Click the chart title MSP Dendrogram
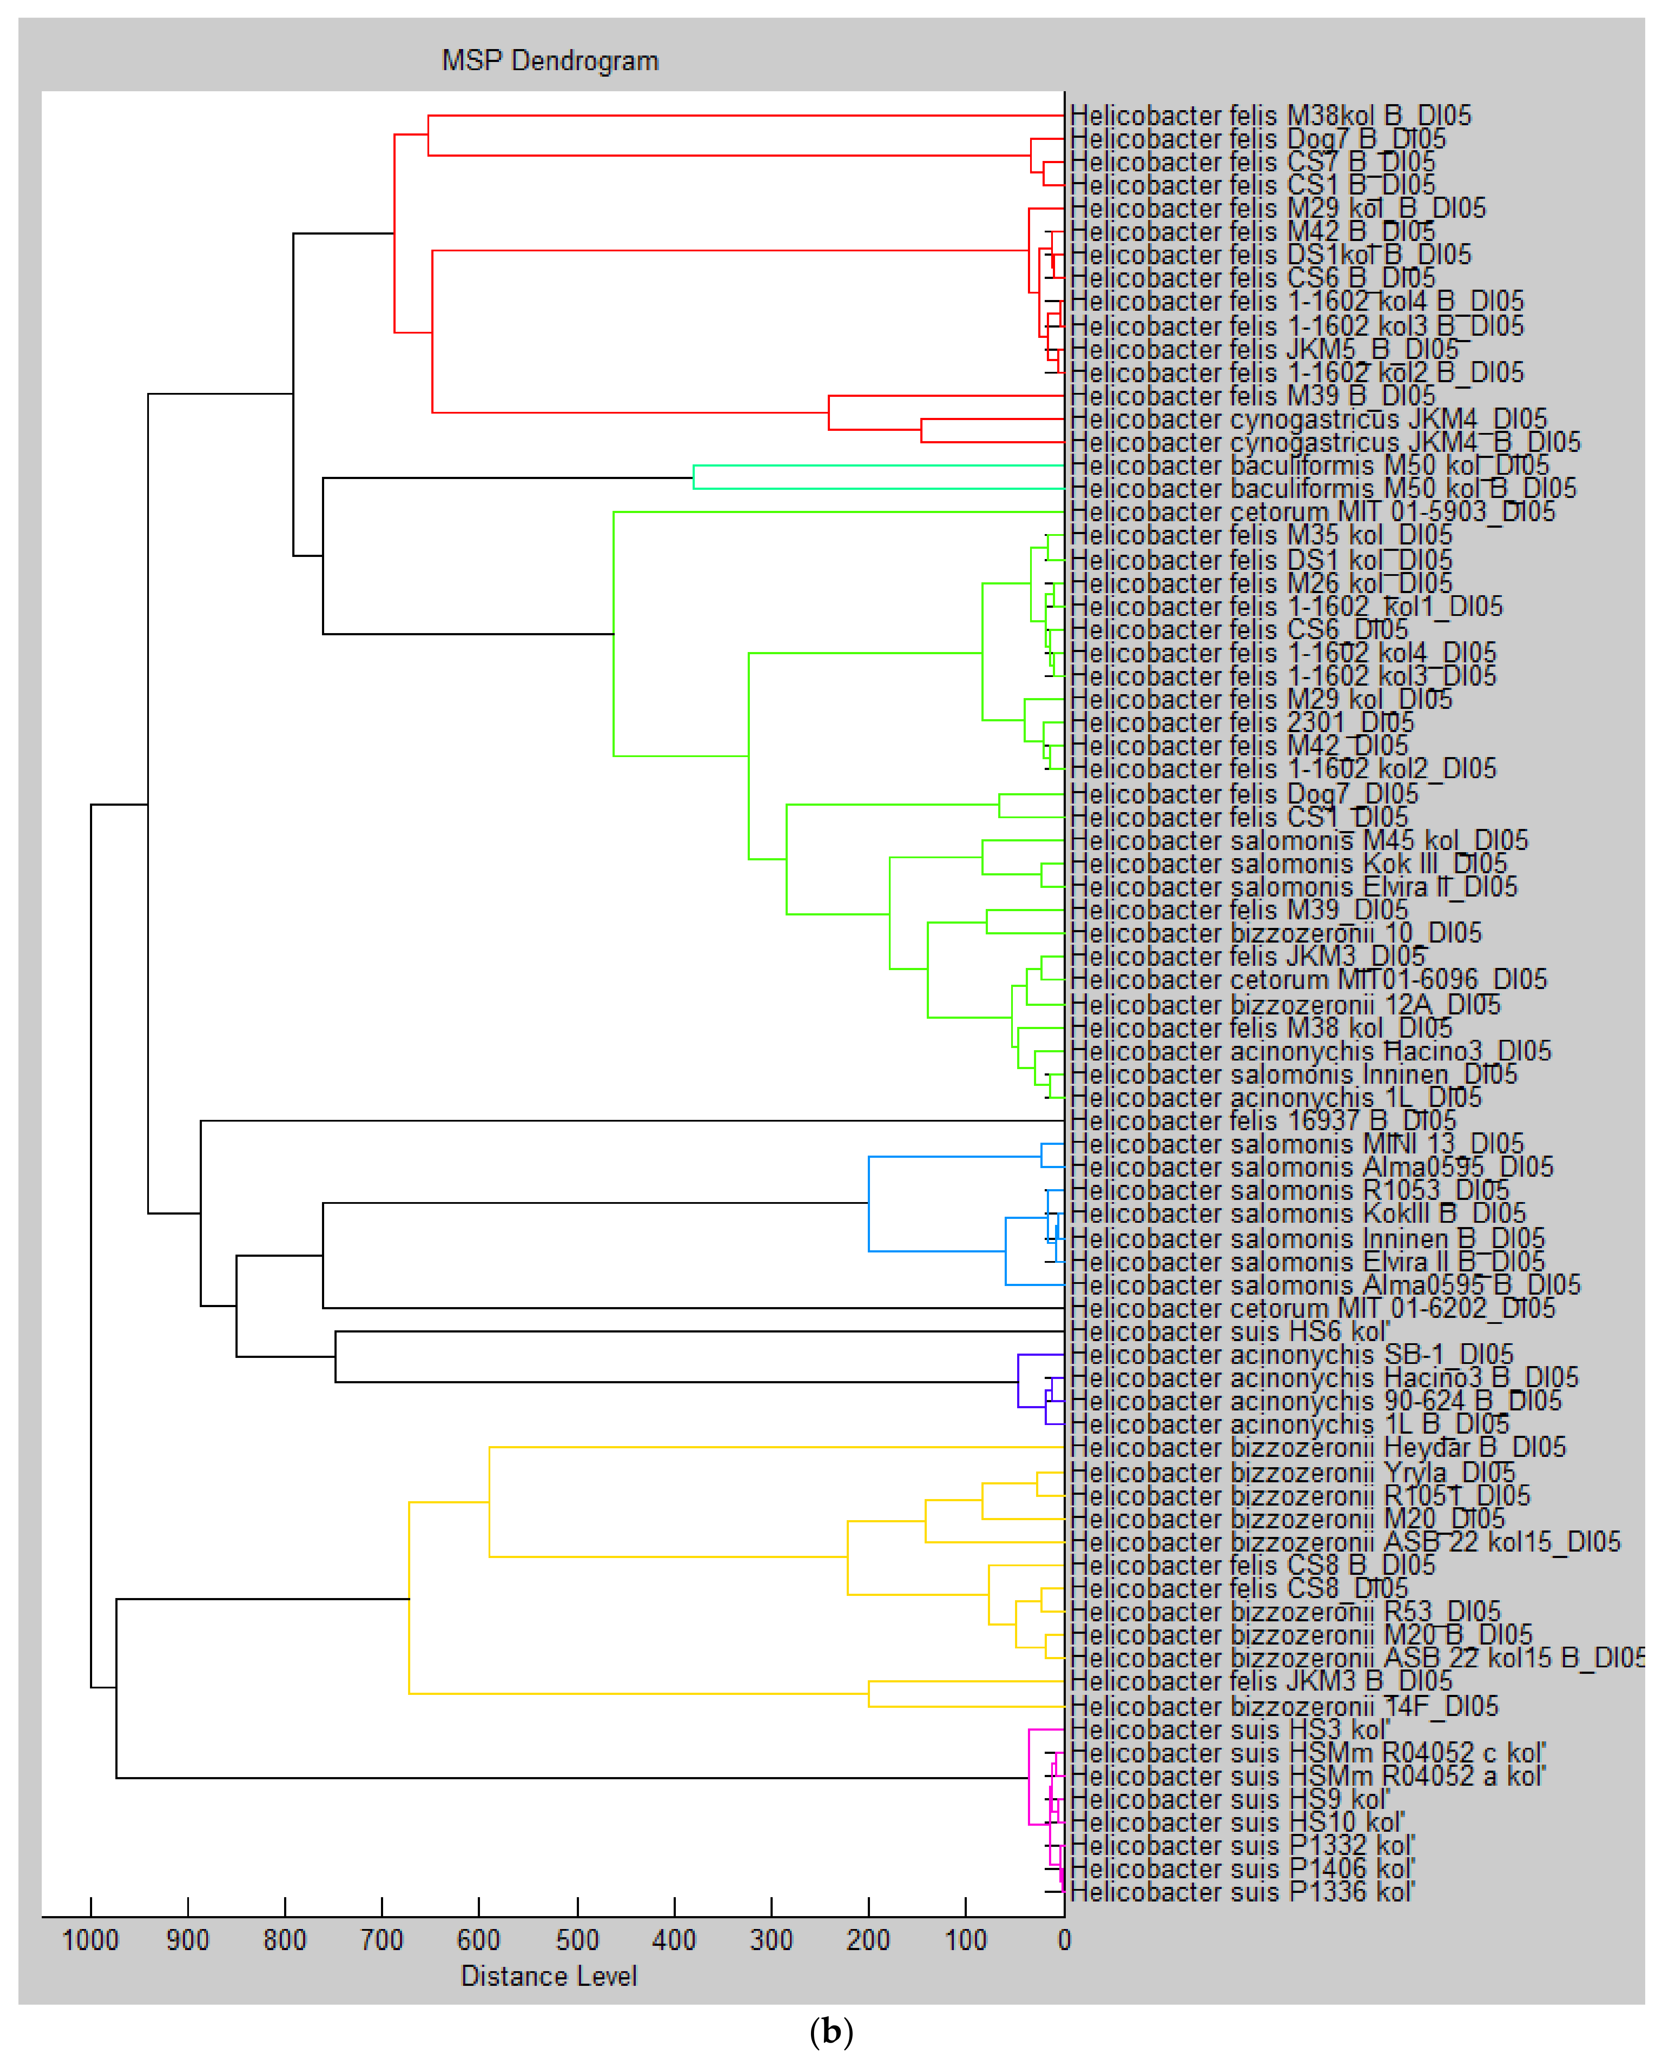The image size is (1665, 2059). click(550, 60)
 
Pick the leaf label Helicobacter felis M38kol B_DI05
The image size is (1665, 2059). click(1270, 115)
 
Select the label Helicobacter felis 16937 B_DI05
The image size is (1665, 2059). click(1262, 1120)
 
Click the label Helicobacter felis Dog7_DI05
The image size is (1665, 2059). click(1243, 794)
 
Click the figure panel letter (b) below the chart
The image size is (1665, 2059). click(832, 2031)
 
